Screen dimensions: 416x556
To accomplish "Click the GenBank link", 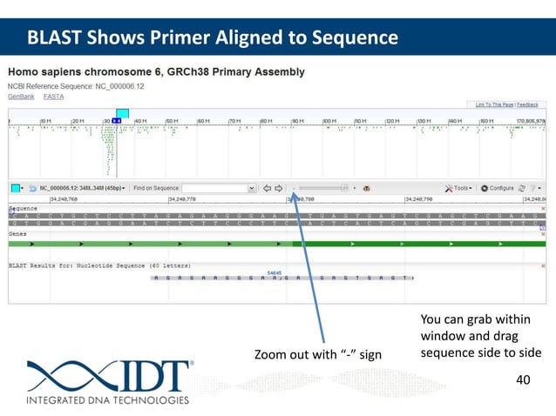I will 21,97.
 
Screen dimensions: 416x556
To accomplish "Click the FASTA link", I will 53,97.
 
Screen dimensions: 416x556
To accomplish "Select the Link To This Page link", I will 494,104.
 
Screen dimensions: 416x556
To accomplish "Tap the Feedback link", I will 527,104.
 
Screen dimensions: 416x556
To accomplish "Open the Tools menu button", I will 460,188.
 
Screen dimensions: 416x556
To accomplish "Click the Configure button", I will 500,188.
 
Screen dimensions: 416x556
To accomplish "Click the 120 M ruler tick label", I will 392,120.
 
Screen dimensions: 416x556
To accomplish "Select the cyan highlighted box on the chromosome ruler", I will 122,114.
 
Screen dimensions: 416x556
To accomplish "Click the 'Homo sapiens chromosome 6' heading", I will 157,71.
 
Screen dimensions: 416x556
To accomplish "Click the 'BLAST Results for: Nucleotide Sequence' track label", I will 87,263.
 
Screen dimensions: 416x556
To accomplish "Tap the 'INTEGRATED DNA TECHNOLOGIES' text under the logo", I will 107,401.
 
